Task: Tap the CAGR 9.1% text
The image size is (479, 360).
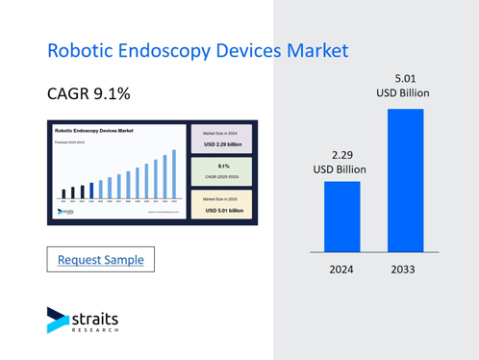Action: pyautogui.click(x=88, y=95)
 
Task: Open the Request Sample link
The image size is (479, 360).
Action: pyautogui.click(x=101, y=260)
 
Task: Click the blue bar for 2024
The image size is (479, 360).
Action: pyautogui.click(x=341, y=216)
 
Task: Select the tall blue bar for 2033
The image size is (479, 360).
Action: pyautogui.click(x=405, y=180)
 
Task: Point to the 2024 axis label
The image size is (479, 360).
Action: pyautogui.click(x=341, y=270)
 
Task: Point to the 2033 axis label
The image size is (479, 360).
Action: pyautogui.click(x=404, y=270)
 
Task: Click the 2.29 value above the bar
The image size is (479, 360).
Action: pyautogui.click(x=341, y=154)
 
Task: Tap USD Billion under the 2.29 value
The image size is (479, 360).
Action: pyautogui.click(x=341, y=169)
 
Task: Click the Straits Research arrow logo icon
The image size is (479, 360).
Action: pyautogui.click(x=58, y=320)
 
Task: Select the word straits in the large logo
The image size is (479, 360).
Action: pyautogui.click(x=96, y=316)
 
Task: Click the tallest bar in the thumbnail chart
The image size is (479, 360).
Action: pyautogui.click(x=174, y=174)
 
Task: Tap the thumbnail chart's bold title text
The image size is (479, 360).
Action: pyautogui.click(x=94, y=130)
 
